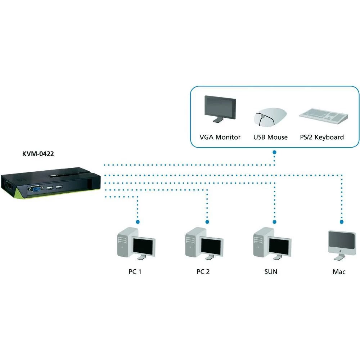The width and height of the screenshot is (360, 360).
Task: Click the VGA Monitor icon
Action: pyautogui.click(x=220, y=109)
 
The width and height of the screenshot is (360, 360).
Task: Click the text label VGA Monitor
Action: pyautogui.click(x=220, y=137)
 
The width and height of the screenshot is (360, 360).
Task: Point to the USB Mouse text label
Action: pyautogui.click(x=270, y=137)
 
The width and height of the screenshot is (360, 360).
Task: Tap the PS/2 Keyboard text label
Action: pyautogui.click(x=322, y=137)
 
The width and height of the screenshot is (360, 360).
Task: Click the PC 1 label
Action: pyautogui.click(x=135, y=271)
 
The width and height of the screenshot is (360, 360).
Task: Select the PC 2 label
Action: pyautogui.click(x=203, y=271)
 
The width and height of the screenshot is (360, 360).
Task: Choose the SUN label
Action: pyautogui.click(x=270, y=271)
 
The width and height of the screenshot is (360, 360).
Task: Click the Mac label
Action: pyautogui.click(x=339, y=271)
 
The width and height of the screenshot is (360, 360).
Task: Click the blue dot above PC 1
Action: pyautogui.click(x=138, y=222)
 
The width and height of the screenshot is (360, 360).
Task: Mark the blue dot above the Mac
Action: pyautogui.click(x=342, y=222)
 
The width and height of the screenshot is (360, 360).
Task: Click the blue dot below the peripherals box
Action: pyautogui.click(x=274, y=153)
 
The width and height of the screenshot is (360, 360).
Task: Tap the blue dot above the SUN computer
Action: pyautogui.click(x=274, y=222)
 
